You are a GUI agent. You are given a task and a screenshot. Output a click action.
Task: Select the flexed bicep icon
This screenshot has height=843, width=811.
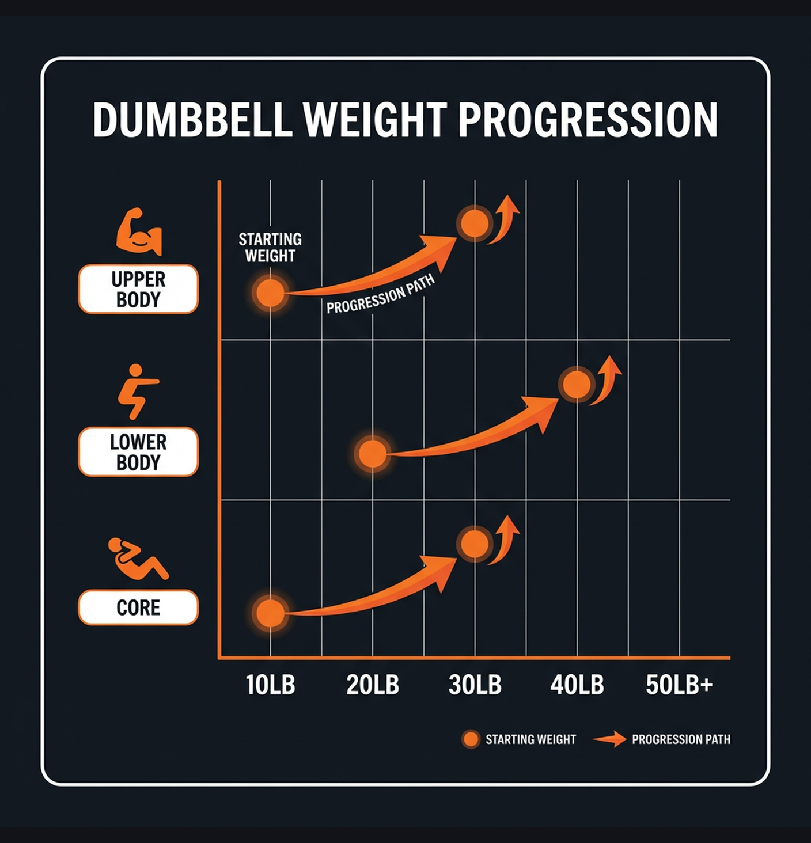(139, 231)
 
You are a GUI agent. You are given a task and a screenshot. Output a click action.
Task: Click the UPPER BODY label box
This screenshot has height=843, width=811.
(138, 289)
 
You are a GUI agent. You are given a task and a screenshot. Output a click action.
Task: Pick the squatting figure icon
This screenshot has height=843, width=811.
(137, 392)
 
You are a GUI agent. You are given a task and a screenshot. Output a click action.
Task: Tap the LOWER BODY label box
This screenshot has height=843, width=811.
(138, 452)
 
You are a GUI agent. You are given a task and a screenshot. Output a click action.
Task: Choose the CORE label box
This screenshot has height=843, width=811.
(138, 607)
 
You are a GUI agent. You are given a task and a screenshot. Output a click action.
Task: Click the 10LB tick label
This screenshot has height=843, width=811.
(270, 685)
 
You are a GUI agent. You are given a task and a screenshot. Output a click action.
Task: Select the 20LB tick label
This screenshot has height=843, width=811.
(373, 685)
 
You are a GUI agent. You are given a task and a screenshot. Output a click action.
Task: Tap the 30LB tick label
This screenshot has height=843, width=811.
(475, 685)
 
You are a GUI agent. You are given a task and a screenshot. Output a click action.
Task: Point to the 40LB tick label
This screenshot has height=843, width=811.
(577, 685)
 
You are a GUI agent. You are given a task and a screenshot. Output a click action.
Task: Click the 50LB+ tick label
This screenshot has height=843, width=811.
(679, 685)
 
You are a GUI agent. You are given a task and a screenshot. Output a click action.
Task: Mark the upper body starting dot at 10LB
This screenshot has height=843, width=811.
(270, 293)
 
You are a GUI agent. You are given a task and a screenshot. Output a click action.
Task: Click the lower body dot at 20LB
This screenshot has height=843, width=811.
(373, 454)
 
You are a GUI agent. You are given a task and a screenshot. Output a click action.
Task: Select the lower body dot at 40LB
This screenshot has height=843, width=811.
(577, 384)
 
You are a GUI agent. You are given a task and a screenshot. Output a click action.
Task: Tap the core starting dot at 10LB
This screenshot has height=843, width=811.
(270, 613)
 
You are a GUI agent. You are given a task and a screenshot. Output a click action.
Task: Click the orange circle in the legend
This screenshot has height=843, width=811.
(471, 739)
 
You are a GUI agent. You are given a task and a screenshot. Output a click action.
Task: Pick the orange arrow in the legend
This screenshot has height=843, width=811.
(609, 739)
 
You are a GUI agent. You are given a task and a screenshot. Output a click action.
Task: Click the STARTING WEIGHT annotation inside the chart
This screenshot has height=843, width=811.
(270, 248)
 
